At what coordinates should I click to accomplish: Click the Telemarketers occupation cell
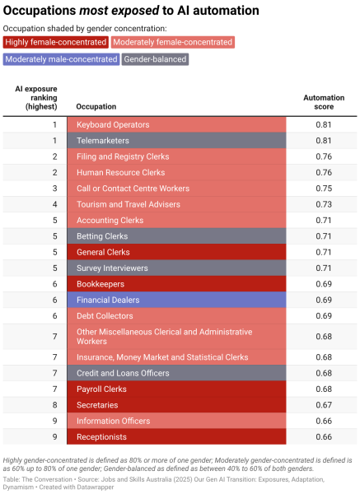(176, 141)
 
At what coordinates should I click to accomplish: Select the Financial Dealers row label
(108, 300)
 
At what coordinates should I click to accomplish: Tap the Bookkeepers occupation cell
(176, 284)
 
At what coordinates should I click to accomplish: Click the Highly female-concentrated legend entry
(56, 42)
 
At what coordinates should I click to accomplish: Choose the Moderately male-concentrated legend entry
(61, 59)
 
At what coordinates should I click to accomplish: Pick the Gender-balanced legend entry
(155, 59)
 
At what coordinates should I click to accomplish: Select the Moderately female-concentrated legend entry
(172, 42)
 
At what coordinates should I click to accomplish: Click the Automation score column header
(324, 102)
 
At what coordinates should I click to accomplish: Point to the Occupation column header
(96, 106)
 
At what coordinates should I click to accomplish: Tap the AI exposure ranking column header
(36, 98)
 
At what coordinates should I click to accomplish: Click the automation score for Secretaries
(324, 405)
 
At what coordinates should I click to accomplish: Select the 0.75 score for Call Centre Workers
(324, 189)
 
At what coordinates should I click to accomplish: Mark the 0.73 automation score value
(324, 204)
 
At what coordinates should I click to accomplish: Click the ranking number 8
(55, 405)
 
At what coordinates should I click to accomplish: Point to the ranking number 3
(55, 189)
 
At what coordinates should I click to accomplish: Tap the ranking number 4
(55, 204)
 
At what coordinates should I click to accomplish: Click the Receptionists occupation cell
(176, 436)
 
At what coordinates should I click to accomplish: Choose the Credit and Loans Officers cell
(176, 373)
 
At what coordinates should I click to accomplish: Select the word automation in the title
(226, 11)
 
